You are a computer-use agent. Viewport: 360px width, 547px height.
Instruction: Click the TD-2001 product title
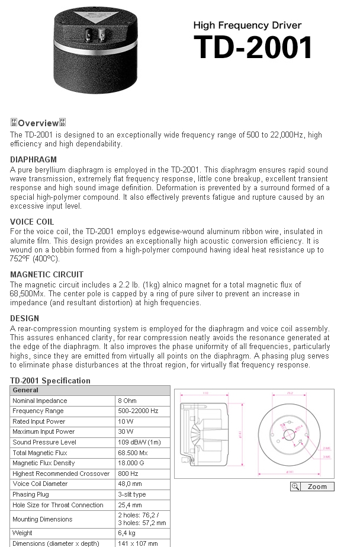[x=253, y=47]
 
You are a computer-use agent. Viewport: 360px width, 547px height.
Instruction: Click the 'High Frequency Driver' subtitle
[x=247, y=25]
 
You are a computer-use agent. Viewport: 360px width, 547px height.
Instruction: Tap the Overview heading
[x=38, y=123]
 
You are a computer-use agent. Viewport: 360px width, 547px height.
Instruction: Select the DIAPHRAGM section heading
[x=34, y=159]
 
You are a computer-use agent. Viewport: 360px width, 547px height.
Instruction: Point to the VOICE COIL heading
[x=32, y=222]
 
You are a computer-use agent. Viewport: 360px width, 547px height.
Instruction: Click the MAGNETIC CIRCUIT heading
[x=47, y=274]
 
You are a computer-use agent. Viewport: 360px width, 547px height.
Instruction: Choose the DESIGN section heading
[x=25, y=318]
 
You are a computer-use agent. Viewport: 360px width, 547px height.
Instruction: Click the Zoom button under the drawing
[x=312, y=487]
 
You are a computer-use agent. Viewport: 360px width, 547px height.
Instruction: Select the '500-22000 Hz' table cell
[x=139, y=411]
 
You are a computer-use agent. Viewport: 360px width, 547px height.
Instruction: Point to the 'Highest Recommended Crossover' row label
[x=61, y=474]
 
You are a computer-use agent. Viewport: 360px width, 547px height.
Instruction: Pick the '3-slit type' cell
[x=132, y=494]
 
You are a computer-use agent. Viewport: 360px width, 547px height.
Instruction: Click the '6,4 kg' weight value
[x=127, y=533]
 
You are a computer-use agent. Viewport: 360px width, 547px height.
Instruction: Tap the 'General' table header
[x=25, y=390]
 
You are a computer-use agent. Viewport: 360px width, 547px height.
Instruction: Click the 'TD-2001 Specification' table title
[x=50, y=380]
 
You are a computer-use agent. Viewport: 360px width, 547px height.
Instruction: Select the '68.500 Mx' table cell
[x=133, y=453]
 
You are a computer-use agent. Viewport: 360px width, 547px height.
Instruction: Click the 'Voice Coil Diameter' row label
[x=40, y=484]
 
